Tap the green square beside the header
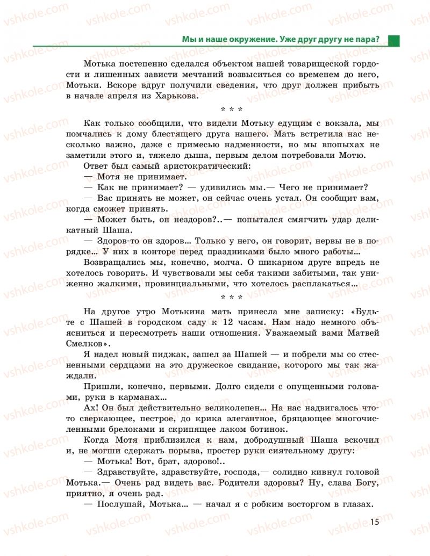[x=394, y=40]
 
